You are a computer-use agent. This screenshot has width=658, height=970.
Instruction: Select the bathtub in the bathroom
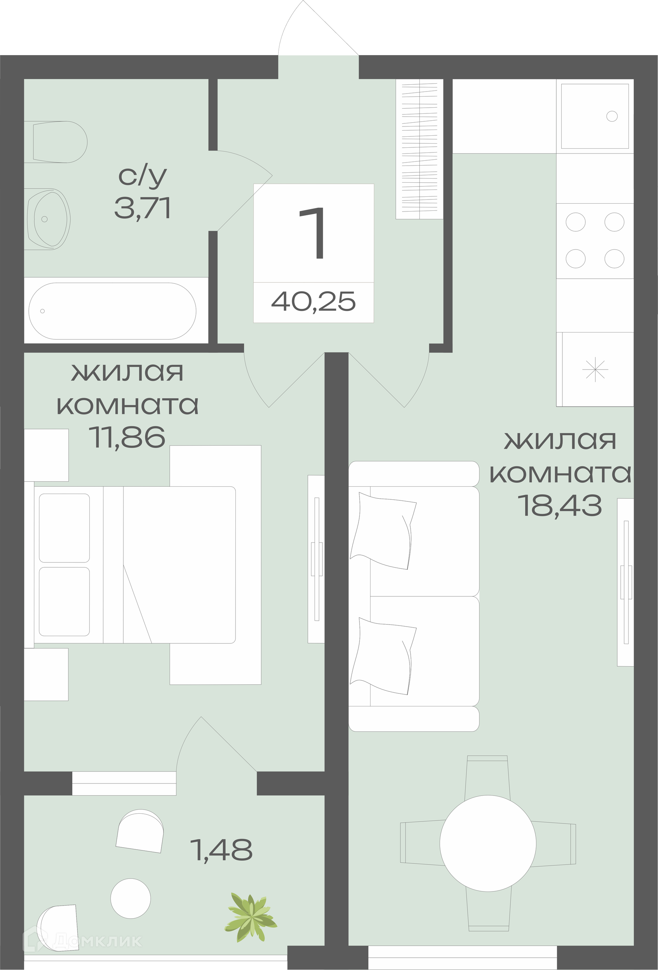[112, 311]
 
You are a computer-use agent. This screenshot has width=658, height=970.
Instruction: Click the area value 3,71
[143, 209]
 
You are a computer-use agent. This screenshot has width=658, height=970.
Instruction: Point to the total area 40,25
[313, 301]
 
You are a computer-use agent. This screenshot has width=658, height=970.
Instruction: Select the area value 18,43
[560, 506]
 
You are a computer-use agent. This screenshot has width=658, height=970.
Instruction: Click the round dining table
[488, 843]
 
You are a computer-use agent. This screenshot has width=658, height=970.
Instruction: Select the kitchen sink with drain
[595, 116]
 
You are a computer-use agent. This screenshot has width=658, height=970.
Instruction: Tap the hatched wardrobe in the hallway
[419, 149]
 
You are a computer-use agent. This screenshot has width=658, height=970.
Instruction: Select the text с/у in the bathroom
[143, 177]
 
